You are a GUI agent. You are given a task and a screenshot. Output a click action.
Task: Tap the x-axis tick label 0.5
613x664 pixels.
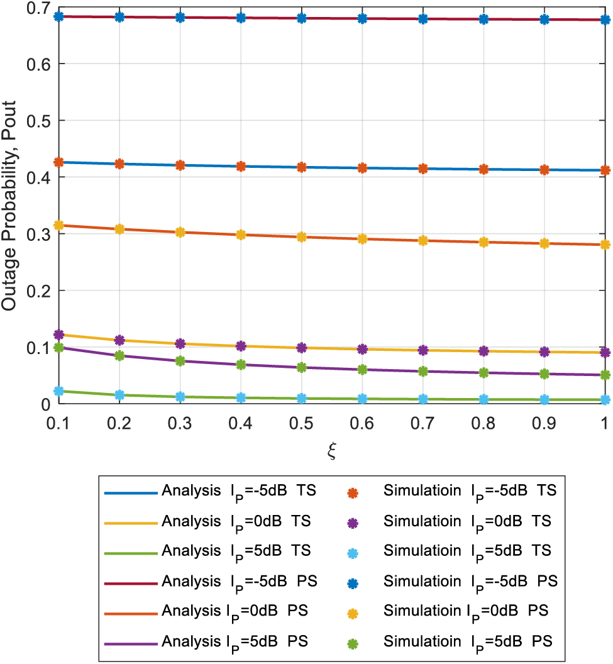301,424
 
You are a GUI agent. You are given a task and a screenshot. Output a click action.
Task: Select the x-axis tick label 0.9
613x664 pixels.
544,424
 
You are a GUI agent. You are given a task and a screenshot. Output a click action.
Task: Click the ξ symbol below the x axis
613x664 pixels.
331,451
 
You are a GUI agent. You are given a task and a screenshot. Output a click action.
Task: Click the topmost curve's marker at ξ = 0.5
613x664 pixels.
301,18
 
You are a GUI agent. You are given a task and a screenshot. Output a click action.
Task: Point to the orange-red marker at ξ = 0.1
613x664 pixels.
59,163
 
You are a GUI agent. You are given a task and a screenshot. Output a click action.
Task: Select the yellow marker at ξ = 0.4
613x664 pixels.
241,235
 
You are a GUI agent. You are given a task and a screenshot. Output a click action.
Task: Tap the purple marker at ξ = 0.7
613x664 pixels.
422,350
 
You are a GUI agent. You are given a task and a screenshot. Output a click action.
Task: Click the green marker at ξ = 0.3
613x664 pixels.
180,361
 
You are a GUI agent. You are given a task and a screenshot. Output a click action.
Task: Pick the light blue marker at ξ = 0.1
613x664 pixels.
59,391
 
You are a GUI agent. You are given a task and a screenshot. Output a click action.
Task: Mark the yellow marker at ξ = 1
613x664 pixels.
604,245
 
